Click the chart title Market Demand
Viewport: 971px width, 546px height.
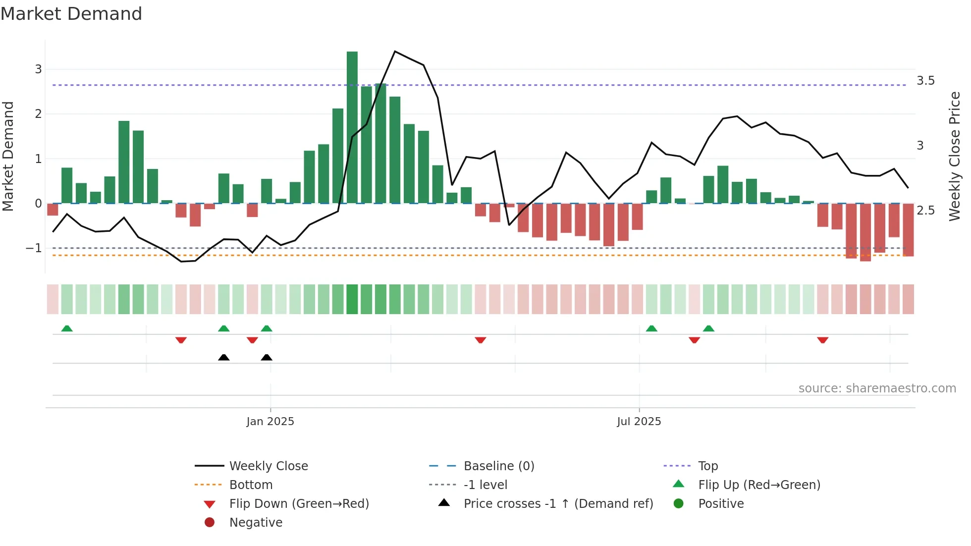pyautogui.click(x=71, y=14)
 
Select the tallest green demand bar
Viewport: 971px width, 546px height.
pyautogui.click(x=352, y=127)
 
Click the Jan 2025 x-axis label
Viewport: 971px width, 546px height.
pyautogui.click(x=270, y=422)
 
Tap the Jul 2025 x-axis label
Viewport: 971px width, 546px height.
pyautogui.click(x=639, y=422)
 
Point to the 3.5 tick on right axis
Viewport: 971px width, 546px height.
pyautogui.click(x=925, y=81)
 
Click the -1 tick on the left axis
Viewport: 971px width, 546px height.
pyautogui.click(x=34, y=248)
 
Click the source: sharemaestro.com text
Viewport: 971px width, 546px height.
pyautogui.click(x=877, y=388)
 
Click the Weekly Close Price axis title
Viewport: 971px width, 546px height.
pyautogui.click(x=955, y=156)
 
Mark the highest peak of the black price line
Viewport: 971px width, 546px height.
pyautogui.click(x=395, y=51)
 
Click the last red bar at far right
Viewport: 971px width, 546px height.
pyautogui.click(x=908, y=230)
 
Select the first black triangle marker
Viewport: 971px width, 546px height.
pyautogui.click(x=224, y=357)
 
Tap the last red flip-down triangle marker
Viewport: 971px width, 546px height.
pyautogui.click(x=823, y=340)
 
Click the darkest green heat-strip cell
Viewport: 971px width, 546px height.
pyautogui.click(x=352, y=299)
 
